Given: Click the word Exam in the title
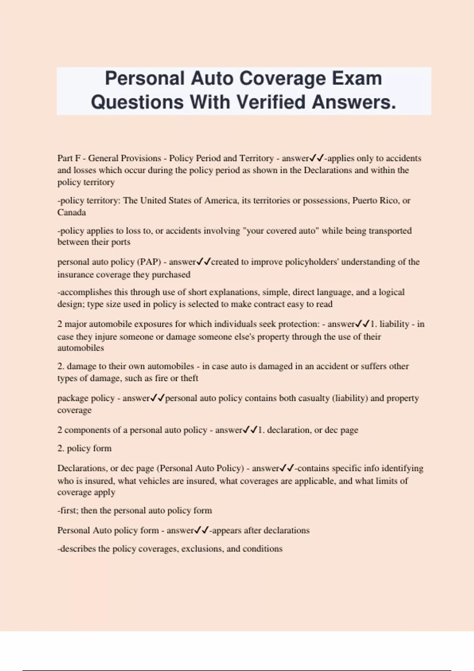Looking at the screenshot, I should click(x=356, y=78).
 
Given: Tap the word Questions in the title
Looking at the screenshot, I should click(x=137, y=102).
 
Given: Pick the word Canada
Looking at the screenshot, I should click(x=71, y=212).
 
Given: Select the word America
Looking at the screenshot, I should click(x=217, y=201).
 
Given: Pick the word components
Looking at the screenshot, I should click(x=88, y=430).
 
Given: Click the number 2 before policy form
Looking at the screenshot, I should click(x=60, y=448).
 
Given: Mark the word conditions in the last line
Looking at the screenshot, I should click(x=263, y=549).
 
